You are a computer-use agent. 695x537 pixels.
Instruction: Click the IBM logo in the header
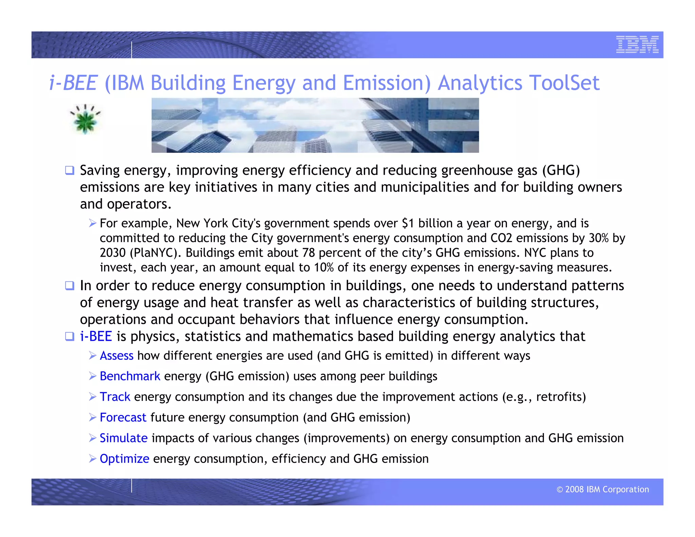coord(637,44)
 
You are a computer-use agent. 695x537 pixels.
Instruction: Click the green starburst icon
coord(85,119)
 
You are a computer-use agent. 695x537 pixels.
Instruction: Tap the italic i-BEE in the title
coord(73,83)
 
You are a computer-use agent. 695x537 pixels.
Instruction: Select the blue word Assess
coord(116,355)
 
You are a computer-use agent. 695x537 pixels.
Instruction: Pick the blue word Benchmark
coord(130,376)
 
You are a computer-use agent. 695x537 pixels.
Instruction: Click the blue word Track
coord(115,396)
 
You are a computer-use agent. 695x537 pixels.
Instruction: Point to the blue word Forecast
coord(123,417)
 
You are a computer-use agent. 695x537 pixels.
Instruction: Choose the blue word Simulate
coord(124,438)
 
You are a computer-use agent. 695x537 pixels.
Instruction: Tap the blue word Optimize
coord(124,459)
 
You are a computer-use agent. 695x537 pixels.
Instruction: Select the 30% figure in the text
coord(598,238)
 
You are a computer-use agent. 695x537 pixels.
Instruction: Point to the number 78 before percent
coord(308,253)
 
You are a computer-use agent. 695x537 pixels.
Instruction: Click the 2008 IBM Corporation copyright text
coord(602,489)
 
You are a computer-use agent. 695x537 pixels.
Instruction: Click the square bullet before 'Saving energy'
coord(70,170)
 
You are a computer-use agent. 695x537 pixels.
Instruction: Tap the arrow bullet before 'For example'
coord(93,223)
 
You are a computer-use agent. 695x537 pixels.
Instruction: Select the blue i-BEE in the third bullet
coord(96,336)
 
